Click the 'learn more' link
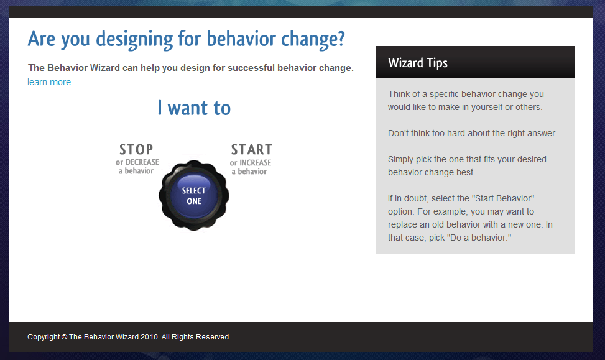coord(49,82)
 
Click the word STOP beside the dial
coord(136,149)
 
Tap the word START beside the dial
coord(252,149)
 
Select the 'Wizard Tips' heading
coord(418,63)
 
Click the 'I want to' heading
coord(194,108)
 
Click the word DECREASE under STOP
coord(142,162)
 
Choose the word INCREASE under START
coord(256,163)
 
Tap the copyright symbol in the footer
coord(65,337)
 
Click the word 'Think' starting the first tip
coord(398,94)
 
